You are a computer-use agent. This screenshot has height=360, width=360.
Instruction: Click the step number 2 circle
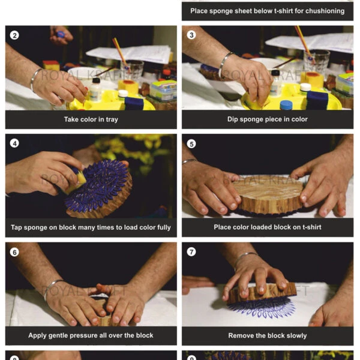tap(14, 35)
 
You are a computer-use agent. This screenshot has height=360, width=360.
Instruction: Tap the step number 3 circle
tap(191, 35)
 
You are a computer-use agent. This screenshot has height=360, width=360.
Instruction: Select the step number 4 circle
tap(14, 143)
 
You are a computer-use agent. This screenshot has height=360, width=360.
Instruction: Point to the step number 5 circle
tap(191, 144)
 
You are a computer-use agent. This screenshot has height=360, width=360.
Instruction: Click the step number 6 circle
tap(14, 252)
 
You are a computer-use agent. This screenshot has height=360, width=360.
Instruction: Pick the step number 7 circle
tap(191, 251)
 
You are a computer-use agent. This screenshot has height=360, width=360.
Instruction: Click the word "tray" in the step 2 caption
tap(112, 119)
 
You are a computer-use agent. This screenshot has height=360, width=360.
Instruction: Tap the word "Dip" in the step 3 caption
tap(233, 119)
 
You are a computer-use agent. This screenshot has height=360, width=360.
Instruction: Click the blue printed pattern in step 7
tap(262, 309)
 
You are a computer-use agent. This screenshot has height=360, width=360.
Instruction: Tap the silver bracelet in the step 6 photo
tap(52, 289)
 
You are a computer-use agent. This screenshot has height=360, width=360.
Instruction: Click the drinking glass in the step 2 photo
tap(133, 69)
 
